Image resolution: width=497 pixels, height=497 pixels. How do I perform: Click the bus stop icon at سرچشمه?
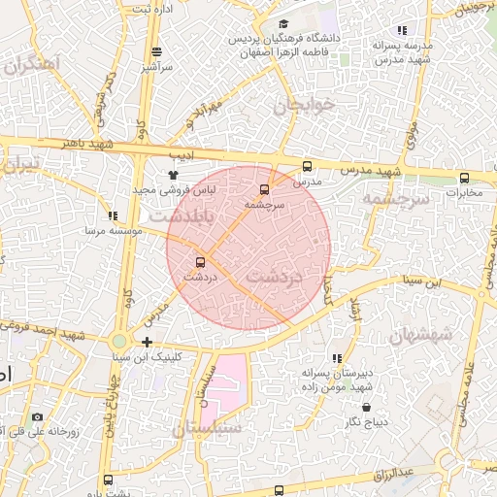pos(265,189)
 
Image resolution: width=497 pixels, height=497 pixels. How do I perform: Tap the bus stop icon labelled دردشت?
pos(201,261)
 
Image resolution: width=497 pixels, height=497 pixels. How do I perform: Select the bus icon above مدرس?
pos(308,166)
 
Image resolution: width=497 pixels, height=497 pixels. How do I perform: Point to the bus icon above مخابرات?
pos(464,178)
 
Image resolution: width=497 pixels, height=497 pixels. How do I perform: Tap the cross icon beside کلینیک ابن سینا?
pos(147,342)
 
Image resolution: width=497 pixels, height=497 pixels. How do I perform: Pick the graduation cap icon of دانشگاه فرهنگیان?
pos(282,25)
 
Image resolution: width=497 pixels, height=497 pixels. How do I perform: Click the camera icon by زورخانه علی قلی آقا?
pos(37,416)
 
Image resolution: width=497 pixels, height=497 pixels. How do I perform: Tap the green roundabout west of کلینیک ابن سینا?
pos(118,342)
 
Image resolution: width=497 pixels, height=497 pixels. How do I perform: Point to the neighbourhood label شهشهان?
pos(421,334)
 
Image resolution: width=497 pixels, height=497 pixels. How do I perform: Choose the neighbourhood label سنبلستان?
pos(206,427)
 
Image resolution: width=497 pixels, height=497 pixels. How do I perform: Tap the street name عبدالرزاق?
pos(394,474)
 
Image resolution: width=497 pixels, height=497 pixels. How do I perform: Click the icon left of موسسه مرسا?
pos(113,215)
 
